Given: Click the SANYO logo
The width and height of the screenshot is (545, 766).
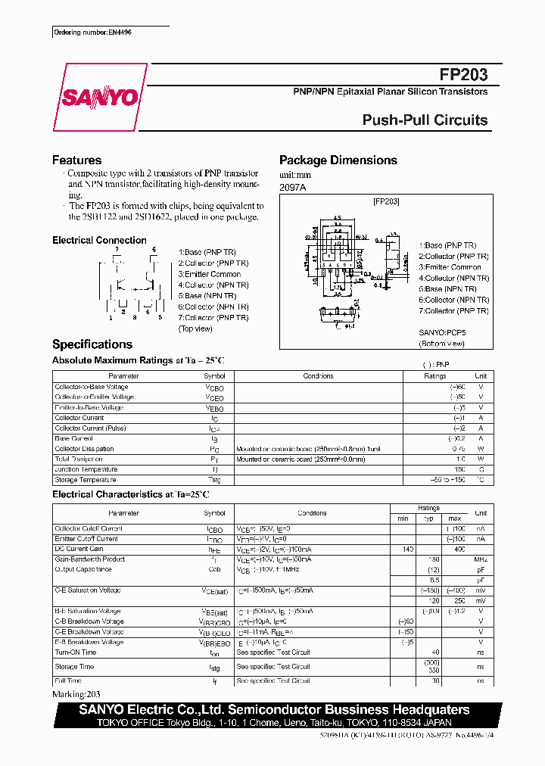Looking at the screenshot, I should pyautogui.click(x=99, y=97).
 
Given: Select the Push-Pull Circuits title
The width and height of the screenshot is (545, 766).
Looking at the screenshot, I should pyautogui.click(x=425, y=120).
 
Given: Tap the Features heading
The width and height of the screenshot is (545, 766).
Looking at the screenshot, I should pyautogui.click(x=76, y=160).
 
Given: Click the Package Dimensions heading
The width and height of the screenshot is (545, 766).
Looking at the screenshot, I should pyautogui.click(x=338, y=160).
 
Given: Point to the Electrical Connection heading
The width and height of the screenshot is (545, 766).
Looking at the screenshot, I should pyautogui.click(x=99, y=241).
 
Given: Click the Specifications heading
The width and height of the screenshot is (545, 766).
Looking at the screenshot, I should pyautogui.click(x=92, y=344).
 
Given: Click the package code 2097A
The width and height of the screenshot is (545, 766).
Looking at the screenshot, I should pyautogui.click(x=292, y=186).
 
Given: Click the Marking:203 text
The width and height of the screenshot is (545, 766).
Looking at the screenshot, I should pyautogui.click(x=76, y=693).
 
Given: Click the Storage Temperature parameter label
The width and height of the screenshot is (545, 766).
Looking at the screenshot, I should pyautogui.click(x=86, y=479).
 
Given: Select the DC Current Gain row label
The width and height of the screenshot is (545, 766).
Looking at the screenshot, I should pyautogui.click(x=79, y=549).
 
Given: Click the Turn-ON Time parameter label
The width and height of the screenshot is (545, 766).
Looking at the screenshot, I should pyautogui.click(x=76, y=652).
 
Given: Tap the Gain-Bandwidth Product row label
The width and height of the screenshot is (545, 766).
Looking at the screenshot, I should pyautogui.click(x=90, y=559).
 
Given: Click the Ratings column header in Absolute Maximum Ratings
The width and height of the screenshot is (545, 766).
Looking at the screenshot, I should pyautogui.click(x=435, y=376).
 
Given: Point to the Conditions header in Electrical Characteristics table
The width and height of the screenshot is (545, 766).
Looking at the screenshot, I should pyautogui.click(x=312, y=513).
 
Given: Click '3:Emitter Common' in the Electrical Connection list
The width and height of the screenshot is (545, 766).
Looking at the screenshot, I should pyautogui.click(x=210, y=274).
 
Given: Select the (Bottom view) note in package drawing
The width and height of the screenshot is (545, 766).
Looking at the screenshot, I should pyautogui.click(x=442, y=344).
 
